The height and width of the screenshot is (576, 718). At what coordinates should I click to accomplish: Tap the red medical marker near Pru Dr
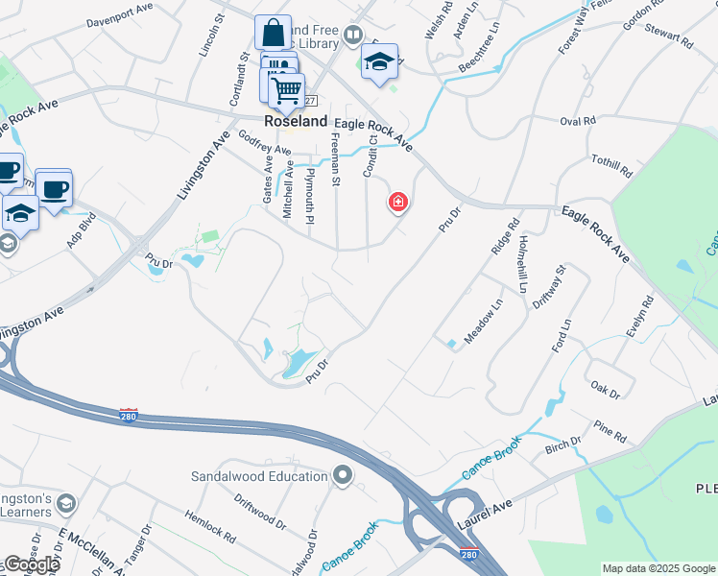pos(397,203)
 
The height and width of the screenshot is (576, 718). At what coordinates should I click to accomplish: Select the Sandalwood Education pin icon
pos(343,476)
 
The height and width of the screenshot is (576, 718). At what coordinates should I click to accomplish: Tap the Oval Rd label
pos(578,121)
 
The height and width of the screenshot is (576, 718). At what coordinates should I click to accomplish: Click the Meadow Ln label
pos(483,322)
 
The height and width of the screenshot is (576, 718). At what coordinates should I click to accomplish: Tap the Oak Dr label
pos(606,391)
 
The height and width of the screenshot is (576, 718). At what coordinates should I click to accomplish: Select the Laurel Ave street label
pos(491,500)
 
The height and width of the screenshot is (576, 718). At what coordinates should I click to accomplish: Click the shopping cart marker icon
pos(285,91)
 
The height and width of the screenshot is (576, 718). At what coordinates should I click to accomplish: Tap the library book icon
pos(353,37)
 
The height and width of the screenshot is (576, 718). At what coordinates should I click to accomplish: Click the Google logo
pos(33,564)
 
